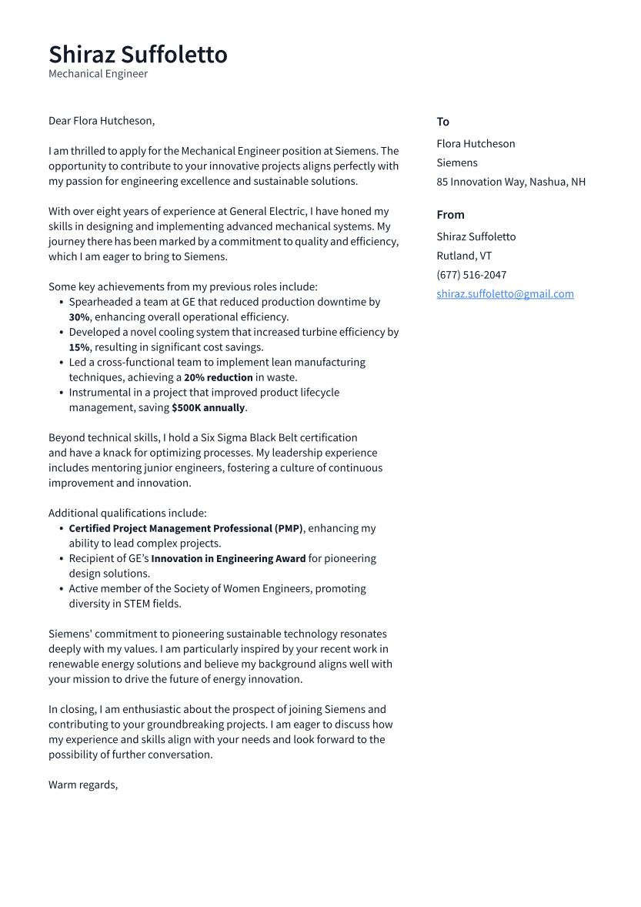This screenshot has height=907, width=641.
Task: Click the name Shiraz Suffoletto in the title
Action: click(x=138, y=55)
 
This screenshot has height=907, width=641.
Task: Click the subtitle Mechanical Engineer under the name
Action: click(x=98, y=74)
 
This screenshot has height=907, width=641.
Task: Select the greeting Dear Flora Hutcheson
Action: click(x=101, y=121)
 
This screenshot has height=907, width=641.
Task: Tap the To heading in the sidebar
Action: click(x=442, y=122)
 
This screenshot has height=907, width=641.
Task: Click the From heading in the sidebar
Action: click(x=450, y=215)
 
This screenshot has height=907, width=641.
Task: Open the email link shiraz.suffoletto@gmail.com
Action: click(x=505, y=294)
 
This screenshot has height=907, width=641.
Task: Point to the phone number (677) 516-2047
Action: click(x=471, y=275)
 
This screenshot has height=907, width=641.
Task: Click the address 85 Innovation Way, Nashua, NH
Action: click(x=510, y=182)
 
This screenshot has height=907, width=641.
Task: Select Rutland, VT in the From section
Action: click(x=464, y=256)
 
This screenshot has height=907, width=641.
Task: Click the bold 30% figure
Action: click(x=78, y=317)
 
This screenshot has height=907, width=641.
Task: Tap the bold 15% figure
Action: click(x=78, y=347)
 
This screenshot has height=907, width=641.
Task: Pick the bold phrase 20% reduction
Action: click(x=218, y=377)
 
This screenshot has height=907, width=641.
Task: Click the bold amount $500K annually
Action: click(x=208, y=408)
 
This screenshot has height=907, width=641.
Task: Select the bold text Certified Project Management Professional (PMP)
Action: click(x=185, y=529)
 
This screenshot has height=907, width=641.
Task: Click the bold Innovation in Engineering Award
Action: click(x=228, y=559)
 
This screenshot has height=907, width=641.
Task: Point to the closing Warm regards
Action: click(x=82, y=785)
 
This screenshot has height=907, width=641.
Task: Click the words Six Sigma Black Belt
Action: click(x=249, y=438)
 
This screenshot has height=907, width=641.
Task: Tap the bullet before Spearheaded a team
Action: click(x=61, y=303)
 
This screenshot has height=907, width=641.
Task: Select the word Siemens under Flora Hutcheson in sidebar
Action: click(x=456, y=162)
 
